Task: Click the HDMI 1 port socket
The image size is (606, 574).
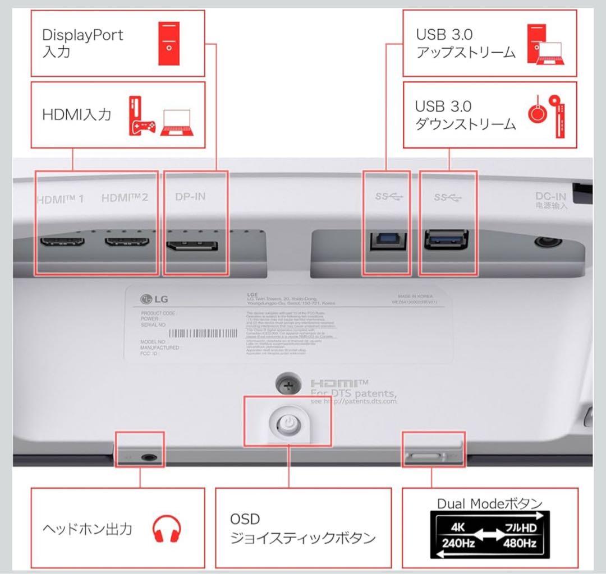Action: [62, 244]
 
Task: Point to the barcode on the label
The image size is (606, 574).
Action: [203, 334]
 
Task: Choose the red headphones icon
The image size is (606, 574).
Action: [167, 529]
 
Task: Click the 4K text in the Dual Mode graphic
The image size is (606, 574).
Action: [458, 528]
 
